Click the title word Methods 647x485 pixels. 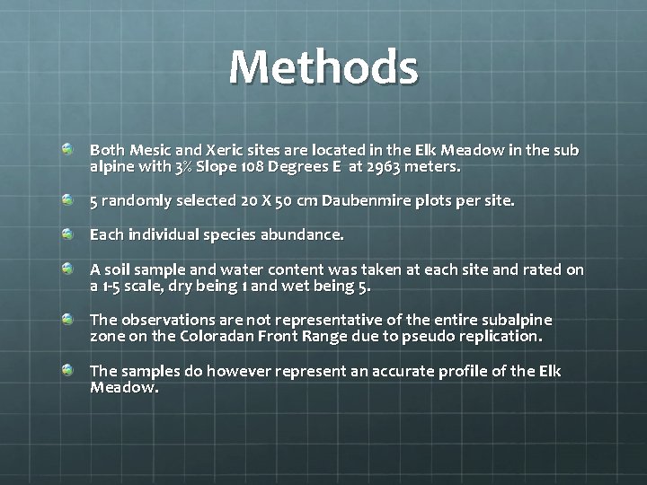(323, 67)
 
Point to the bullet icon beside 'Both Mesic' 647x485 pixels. (68, 148)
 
